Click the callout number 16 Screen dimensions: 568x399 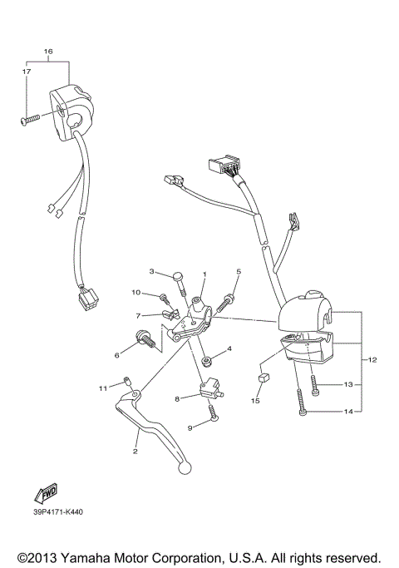pos(47,52)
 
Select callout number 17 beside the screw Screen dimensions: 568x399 pos(25,72)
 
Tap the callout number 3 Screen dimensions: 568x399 pos(152,272)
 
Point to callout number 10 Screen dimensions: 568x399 pos(135,293)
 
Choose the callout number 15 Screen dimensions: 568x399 pos(256,401)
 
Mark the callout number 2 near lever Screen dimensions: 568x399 pos(134,452)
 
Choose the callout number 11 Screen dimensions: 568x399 pos(103,388)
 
